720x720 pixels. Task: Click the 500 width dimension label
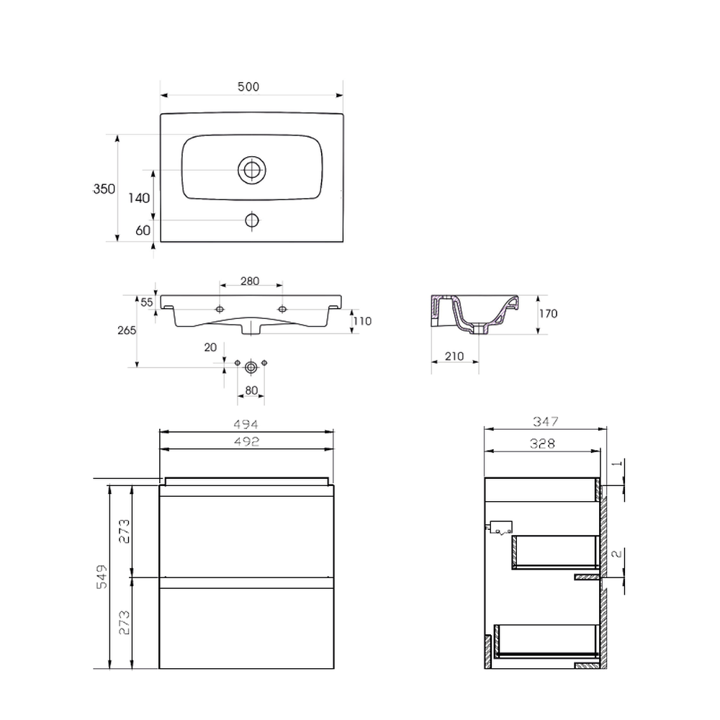(x=248, y=87)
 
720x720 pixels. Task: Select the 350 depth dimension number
(x=104, y=189)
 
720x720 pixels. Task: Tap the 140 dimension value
(x=139, y=198)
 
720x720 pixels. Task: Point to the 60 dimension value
(x=143, y=230)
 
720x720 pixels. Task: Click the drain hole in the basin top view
(x=251, y=170)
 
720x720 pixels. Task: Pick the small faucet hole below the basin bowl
(x=251, y=220)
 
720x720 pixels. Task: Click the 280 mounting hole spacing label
(x=250, y=281)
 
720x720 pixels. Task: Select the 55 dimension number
(x=146, y=302)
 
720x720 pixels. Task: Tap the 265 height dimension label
(x=127, y=330)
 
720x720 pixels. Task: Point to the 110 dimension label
(x=362, y=321)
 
